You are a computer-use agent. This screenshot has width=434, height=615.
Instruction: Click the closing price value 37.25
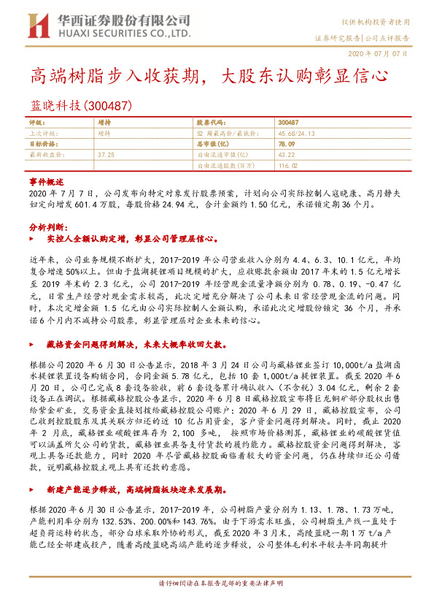tap(106, 155)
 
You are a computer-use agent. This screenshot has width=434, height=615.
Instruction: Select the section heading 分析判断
tap(44, 227)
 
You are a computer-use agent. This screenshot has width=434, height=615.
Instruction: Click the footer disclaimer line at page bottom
tap(218, 606)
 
